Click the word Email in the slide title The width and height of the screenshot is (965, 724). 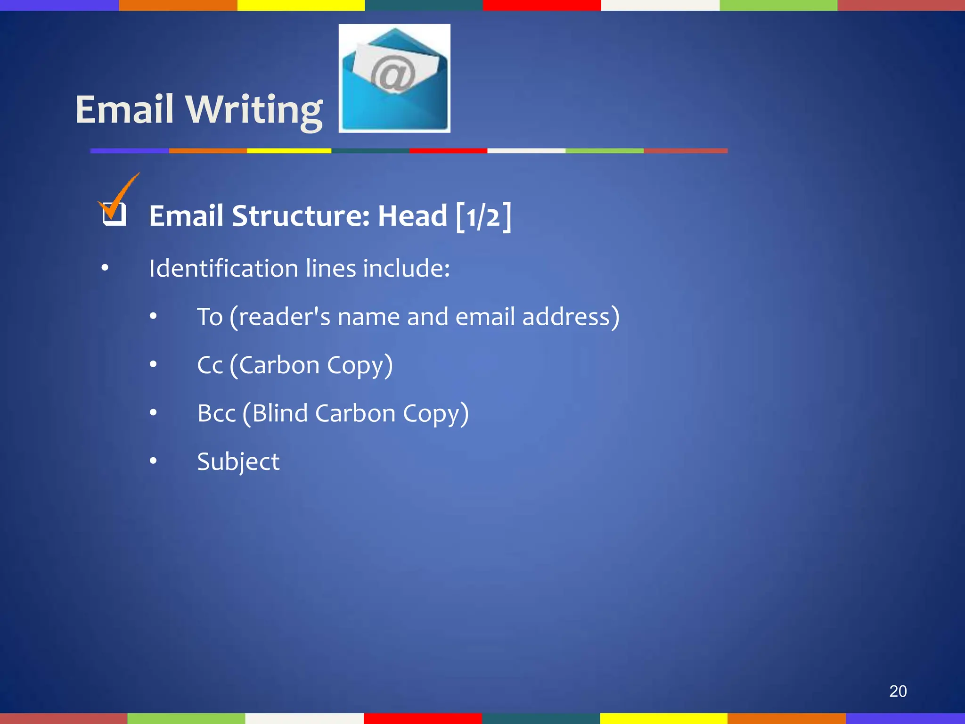[124, 109]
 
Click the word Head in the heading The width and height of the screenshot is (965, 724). [412, 216]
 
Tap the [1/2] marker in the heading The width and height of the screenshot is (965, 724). [483, 217]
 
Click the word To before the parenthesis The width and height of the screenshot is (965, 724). [210, 316]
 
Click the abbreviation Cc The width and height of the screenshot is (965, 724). [210, 365]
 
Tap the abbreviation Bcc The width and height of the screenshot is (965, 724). [216, 413]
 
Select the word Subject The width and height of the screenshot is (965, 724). [238, 461]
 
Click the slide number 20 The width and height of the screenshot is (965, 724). [898, 691]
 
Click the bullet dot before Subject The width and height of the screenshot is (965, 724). [153, 461]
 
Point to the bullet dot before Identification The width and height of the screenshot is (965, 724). [105, 268]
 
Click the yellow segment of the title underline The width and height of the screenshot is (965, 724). [289, 151]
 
